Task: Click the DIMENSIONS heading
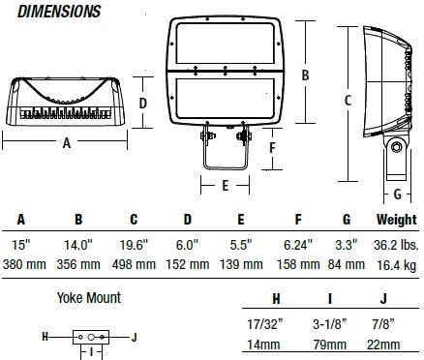click(x=59, y=12)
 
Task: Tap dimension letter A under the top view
click(x=67, y=143)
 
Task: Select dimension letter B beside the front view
click(x=305, y=75)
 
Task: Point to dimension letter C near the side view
click(x=348, y=101)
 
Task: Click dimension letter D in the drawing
click(x=142, y=104)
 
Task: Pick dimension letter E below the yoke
click(x=226, y=186)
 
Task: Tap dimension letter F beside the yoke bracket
click(x=273, y=148)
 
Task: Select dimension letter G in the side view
click(x=398, y=195)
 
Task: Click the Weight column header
click(x=397, y=220)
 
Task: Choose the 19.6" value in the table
click(x=134, y=245)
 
